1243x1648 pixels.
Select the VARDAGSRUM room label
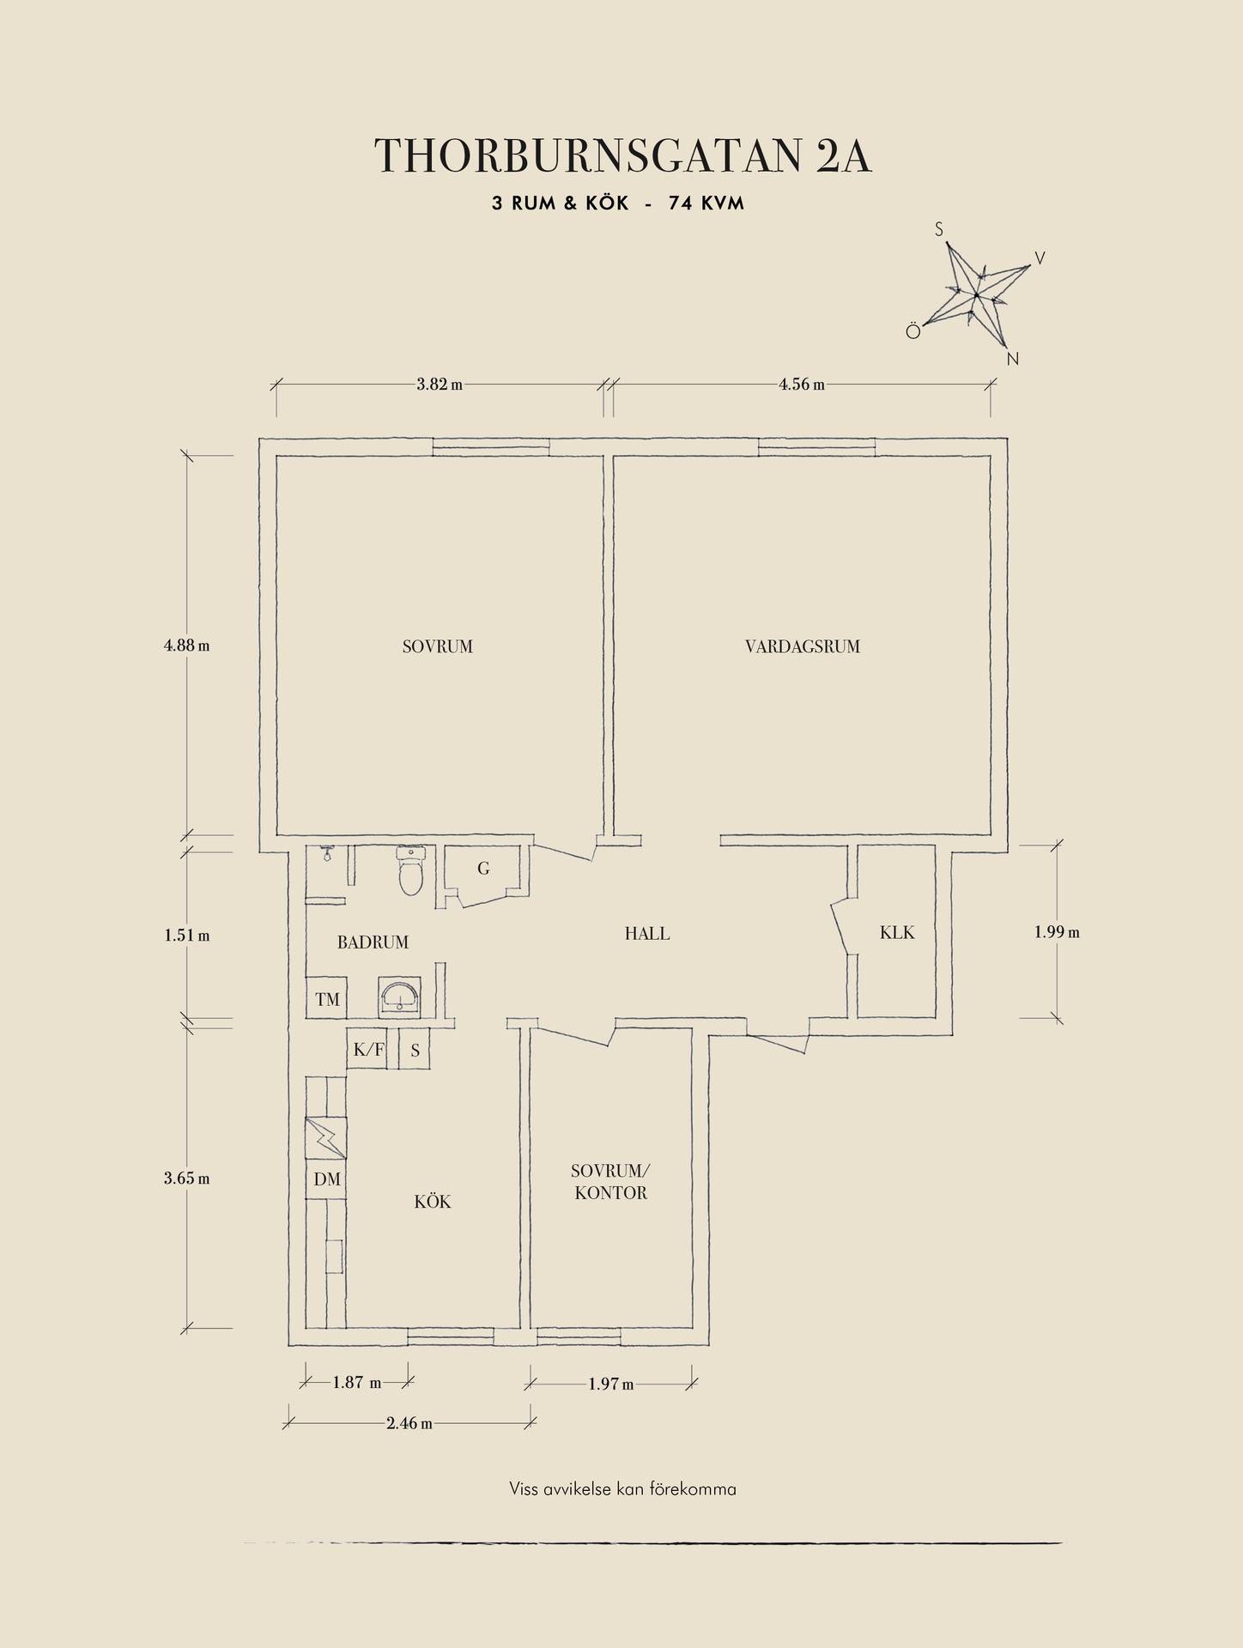tap(803, 646)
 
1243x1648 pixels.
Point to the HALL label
tap(647, 933)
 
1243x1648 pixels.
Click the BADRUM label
tap(373, 942)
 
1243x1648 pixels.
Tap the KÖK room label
tap(433, 1201)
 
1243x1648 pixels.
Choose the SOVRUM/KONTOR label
tap(611, 1182)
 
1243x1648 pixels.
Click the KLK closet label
tap(897, 932)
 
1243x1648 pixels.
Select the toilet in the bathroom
tap(411, 870)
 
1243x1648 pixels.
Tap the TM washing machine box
tap(327, 997)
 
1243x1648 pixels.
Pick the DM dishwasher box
tap(327, 1179)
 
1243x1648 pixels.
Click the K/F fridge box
tap(369, 1049)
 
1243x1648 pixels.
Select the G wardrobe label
tap(483, 869)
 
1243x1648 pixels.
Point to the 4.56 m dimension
tap(802, 385)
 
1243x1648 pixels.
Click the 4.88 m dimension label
tap(186, 645)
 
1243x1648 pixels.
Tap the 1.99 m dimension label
tap(1057, 931)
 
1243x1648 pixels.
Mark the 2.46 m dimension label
tap(409, 1423)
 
